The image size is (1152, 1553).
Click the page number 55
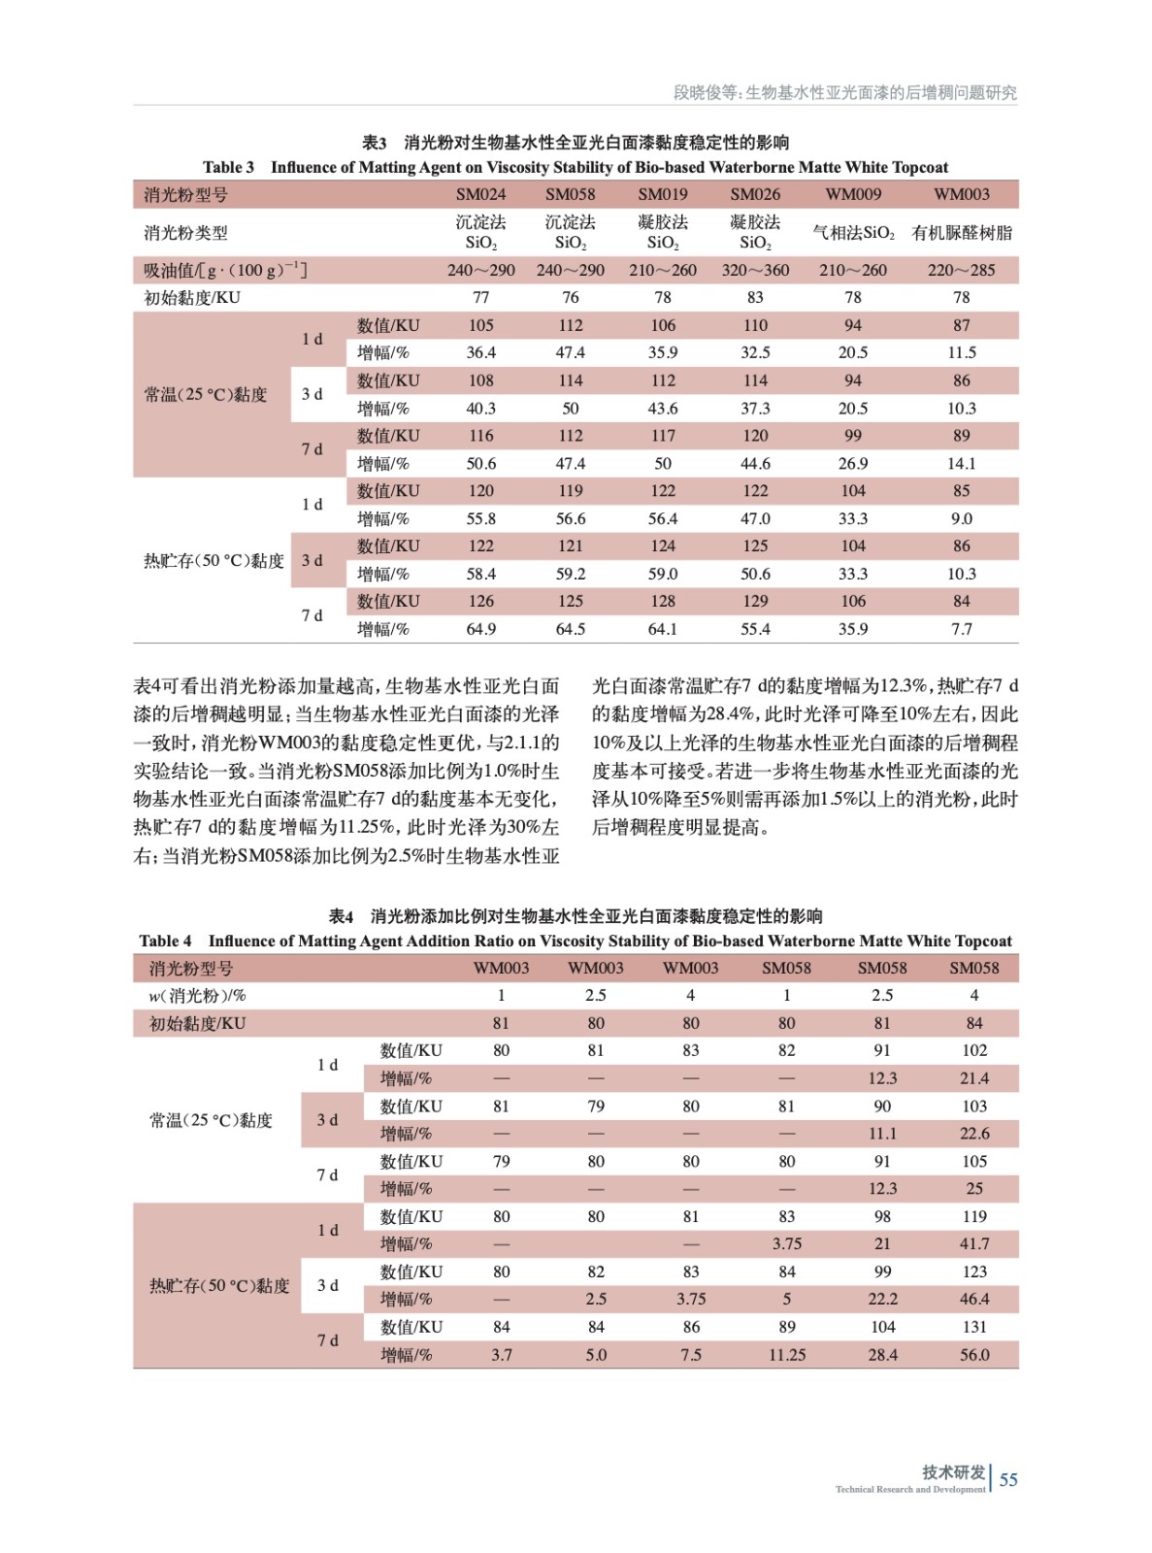[x=1008, y=1479]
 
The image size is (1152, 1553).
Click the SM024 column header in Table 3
[x=480, y=194]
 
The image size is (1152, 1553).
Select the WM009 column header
[x=853, y=194]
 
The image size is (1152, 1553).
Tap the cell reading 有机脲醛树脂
[x=961, y=233]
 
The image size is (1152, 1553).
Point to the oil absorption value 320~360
[x=755, y=270]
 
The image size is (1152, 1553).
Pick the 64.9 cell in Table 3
[x=480, y=629]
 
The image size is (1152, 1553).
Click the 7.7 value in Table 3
[x=961, y=629]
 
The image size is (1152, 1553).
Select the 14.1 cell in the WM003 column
[x=961, y=464]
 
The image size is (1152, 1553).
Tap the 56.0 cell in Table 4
[x=974, y=1355]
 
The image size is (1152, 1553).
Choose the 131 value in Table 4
[x=974, y=1327]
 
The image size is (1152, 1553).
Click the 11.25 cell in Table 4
[x=786, y=1355]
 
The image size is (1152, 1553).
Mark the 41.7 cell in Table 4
[x=974, y=1244]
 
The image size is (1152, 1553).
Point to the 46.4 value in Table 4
[x=974, y=1300]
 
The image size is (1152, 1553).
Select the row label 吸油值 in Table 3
[x=225, y=270]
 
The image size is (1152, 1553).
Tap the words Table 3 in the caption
[x=228, y=167]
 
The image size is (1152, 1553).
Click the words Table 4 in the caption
[x=165, y=941]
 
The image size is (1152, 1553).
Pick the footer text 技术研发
[x=953, y=1471]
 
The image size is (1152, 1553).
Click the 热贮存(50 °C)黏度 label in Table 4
[x=219, y=1286]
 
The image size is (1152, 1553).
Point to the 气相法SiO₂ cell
[x=853, y=233]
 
